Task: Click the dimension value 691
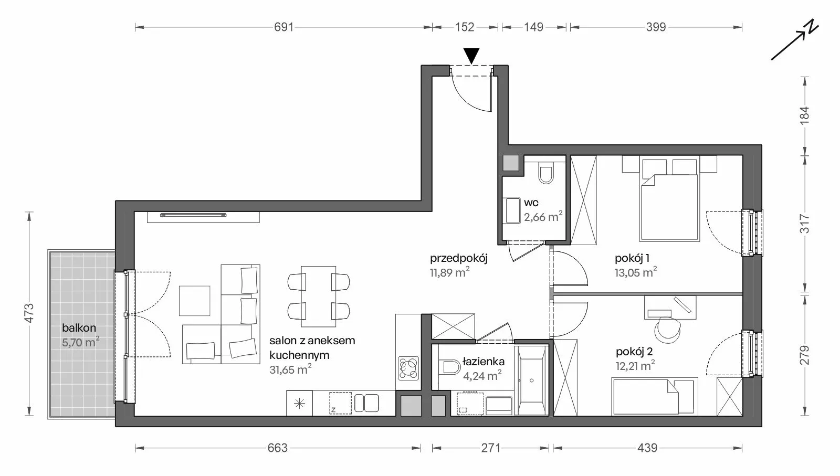(x=283, y=27)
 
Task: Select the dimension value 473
(x=29, y=313)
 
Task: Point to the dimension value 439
(x=648, y=448)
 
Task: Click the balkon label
(x=79, y=328)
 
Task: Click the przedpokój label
(x=459, y=258)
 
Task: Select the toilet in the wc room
(x=546, y=173)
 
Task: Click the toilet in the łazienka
(x=449, y=367)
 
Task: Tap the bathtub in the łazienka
(x=532, y=380)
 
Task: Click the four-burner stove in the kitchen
(x=408, y=368)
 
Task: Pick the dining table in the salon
(x=318, y=297)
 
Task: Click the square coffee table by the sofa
(x=194, y=301)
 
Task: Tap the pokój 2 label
(x=634, y=352)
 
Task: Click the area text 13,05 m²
(x=636, y=272)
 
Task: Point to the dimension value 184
(x=805, y=115)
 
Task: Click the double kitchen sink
(x=366, y=403)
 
